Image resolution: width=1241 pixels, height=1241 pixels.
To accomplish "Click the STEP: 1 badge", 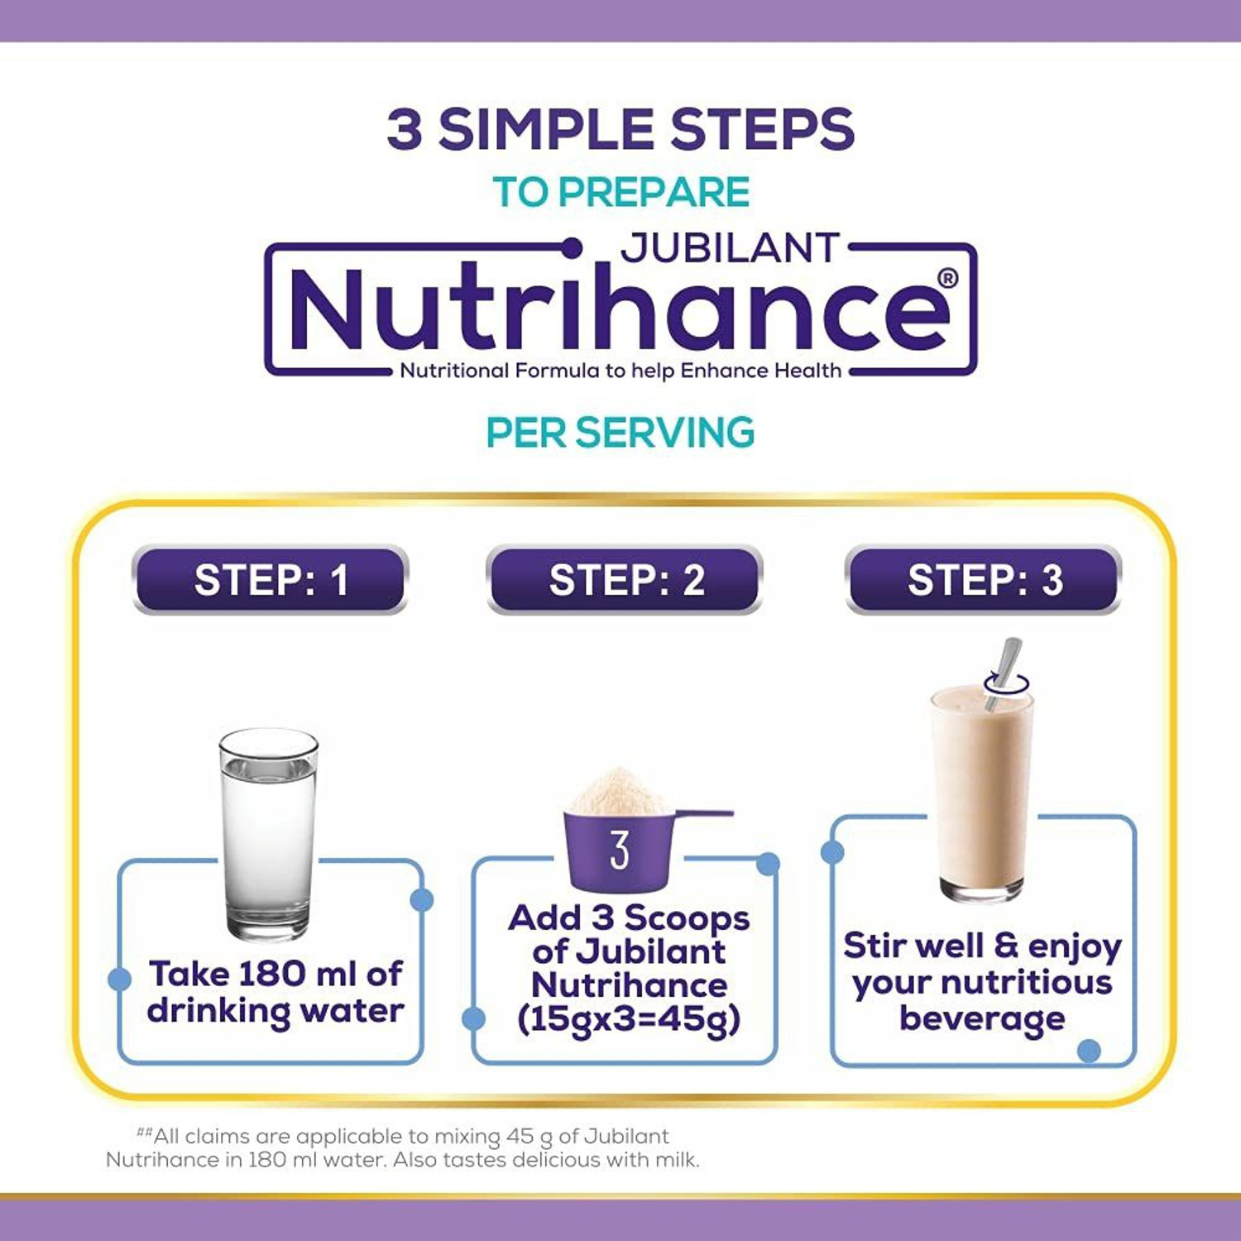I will [270, 580].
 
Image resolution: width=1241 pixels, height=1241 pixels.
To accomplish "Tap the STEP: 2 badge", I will [625, 580].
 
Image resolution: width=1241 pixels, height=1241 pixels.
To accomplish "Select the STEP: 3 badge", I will [984, 580].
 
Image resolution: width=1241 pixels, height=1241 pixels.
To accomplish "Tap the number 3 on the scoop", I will [620, 850].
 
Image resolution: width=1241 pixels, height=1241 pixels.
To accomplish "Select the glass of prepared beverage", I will [981, 794].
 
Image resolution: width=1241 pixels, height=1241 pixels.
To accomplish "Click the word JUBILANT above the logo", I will [731, 248].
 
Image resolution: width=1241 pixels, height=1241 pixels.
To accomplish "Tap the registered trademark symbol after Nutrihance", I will [948, 279].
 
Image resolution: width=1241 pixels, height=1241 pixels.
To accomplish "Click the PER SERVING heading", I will [620, 433].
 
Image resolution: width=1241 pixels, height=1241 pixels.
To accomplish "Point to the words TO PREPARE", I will [620, 192].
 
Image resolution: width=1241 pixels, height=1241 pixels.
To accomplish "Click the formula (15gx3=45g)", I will [628, 1019].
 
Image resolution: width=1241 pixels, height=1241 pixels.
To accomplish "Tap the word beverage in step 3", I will [982, 1018].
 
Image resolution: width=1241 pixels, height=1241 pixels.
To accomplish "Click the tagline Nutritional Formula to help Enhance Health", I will [620, 371].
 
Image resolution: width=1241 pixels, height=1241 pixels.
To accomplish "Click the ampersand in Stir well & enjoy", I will [1005, 945].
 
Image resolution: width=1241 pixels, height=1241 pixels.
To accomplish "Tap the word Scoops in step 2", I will [687, 918].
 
